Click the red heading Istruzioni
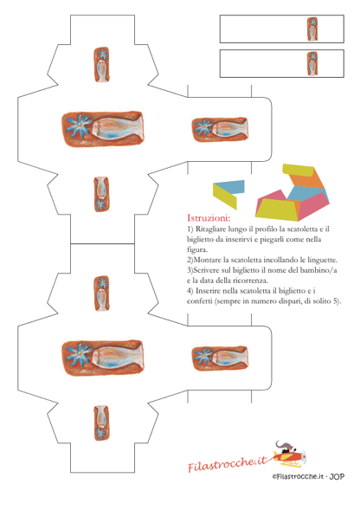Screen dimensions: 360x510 [209, 217]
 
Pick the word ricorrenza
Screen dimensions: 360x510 [250, 280]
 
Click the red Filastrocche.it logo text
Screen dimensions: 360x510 [227, 463]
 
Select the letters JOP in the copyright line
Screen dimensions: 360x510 [337, 476]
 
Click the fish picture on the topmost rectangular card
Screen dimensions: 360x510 [312, 29]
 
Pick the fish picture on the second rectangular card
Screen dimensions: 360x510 [312, 64]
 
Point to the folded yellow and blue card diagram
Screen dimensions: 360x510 [228, 194]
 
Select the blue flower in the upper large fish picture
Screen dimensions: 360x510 [79, 126]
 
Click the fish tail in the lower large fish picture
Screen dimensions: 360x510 [139, 357]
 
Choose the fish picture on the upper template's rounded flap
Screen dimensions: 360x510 [220, 130]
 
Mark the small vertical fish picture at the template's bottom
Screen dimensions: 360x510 [101, 423]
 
